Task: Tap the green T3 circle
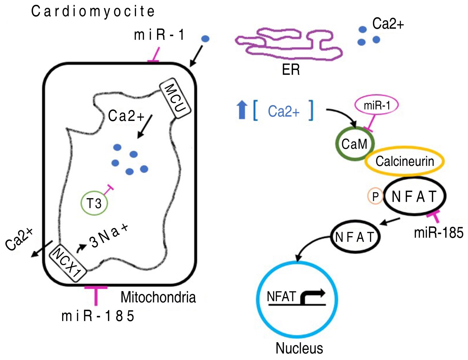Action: tap(94, 203)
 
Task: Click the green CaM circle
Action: tap(355, 144)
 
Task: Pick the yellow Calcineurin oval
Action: tap(405, 161)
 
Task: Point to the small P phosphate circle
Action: tap(375, 197)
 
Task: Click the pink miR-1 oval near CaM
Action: tap(377, 105)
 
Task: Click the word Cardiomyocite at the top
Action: tap(93, 12)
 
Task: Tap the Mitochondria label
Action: tap(158, 297)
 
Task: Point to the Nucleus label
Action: tap(299, 348)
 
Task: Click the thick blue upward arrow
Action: tap(242, 109)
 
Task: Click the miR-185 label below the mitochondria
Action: tap(98, 316)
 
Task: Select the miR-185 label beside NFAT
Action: tap(438, 233)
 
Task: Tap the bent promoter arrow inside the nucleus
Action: tap(312, 297)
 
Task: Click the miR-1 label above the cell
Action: tap(159, 35)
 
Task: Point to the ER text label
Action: tap(291, 70)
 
